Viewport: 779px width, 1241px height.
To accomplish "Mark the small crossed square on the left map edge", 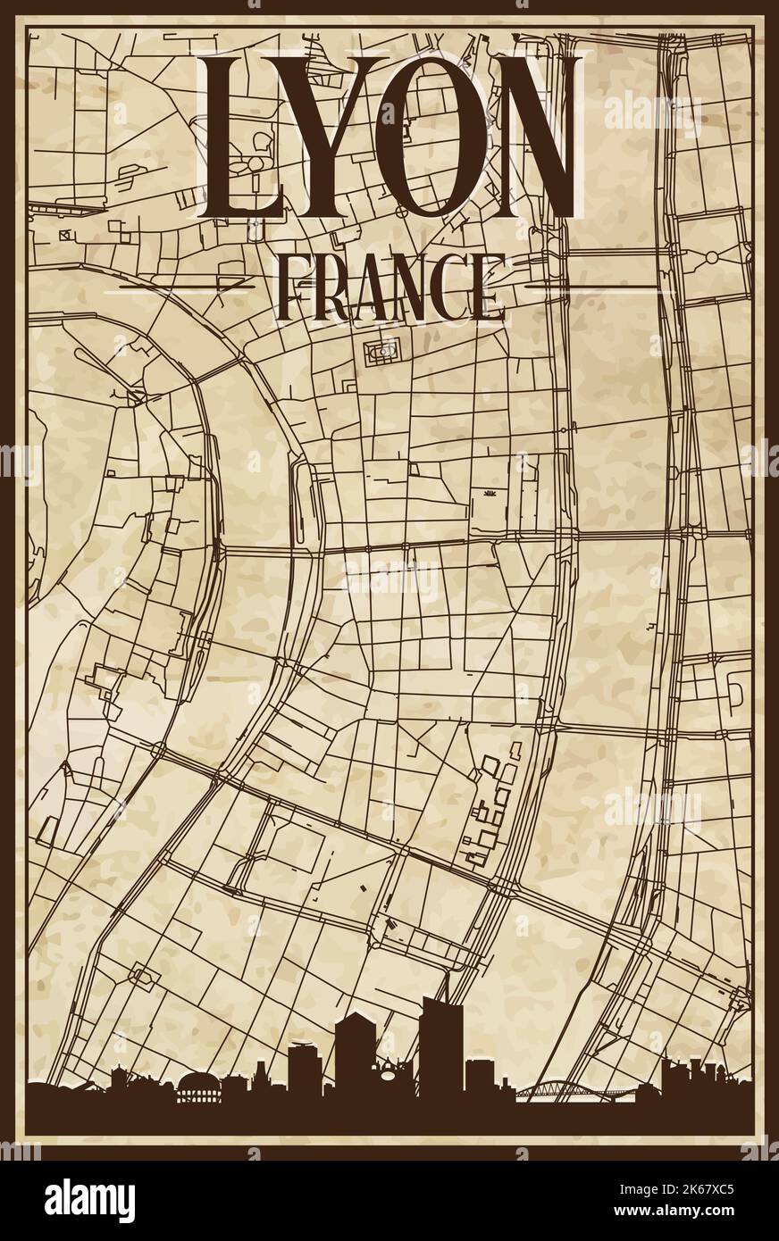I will point(63,234).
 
